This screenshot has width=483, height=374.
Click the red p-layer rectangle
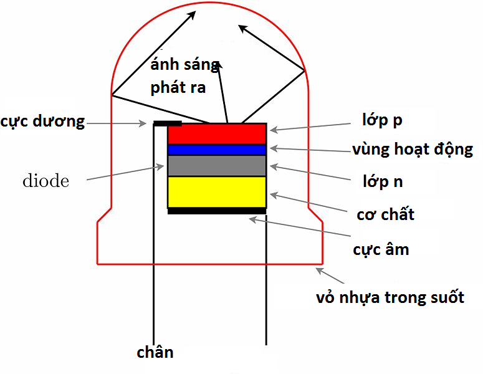(217, 133)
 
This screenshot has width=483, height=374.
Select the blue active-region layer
(217, 150)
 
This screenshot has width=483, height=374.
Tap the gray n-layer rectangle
(217, 165)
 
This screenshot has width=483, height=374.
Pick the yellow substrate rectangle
(217, 192)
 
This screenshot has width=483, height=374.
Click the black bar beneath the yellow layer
(217, 211)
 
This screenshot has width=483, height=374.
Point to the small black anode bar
(167, 123)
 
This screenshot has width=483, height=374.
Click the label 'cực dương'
(42, 121)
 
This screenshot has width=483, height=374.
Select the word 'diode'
(45, 181)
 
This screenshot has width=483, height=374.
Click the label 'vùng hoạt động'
(412, 150)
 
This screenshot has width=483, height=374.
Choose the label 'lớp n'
(383, 181)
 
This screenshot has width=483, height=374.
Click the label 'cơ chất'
(385, 215)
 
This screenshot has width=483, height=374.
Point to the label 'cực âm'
(381, 249)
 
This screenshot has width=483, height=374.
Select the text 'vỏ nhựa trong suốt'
(390, 297)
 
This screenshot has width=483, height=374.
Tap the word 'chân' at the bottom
(155, 352)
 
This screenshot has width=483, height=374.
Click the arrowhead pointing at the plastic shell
(319, 270)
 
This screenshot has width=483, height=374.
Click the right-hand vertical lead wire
(267, 280)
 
